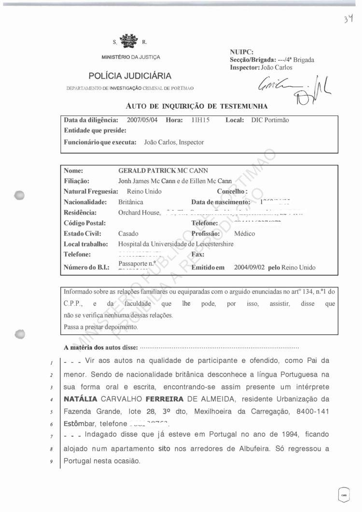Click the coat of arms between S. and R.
(128, 41)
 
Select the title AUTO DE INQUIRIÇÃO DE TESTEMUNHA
(196, 106)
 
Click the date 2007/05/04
(142, 120)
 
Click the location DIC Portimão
(270, 120)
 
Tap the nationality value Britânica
(131, 202)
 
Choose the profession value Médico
(244, 233)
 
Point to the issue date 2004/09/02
(250, 267)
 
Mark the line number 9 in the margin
(51, 461)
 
